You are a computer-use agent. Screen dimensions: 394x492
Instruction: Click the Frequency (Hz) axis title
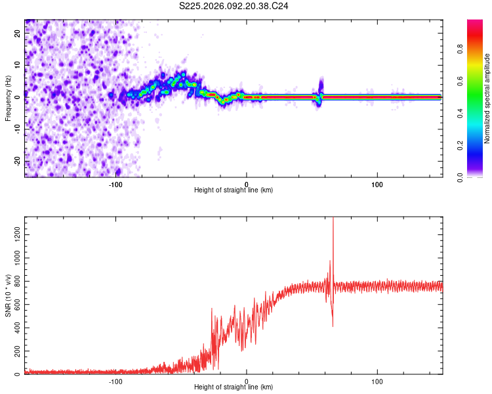pos(8,98)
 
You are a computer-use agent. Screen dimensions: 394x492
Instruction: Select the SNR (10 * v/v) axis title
pos(8,295)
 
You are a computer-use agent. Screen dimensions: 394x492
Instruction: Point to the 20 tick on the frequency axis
pos(18,34)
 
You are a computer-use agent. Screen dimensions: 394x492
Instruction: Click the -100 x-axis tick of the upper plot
pos(115,184)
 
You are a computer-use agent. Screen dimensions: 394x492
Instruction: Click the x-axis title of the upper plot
pos(234,190)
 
